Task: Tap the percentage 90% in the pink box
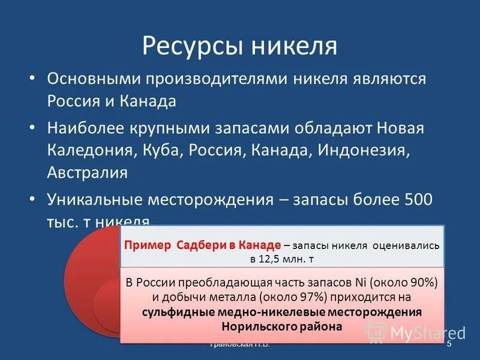(424, 283)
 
